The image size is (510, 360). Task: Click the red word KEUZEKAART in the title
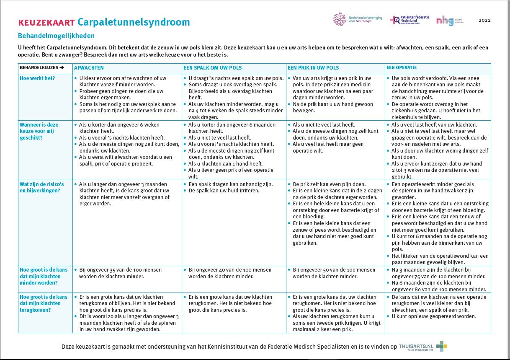46,23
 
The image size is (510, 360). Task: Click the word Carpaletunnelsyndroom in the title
134,22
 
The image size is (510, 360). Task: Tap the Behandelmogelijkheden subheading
56,36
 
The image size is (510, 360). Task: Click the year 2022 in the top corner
484,20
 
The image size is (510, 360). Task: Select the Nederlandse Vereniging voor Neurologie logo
358,19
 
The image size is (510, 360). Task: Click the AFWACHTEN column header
89,68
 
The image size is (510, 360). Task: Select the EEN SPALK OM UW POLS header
212,68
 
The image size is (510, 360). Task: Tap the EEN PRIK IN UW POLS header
313,68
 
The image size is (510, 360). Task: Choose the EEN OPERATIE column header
402,67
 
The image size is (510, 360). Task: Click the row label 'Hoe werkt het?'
37,78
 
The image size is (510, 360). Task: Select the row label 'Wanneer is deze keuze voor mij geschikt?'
39,131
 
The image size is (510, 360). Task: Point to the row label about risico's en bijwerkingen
41,187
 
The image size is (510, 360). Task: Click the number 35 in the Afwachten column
112,270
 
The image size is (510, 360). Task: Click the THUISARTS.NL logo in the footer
422,347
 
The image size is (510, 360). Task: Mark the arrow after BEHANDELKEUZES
62,68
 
